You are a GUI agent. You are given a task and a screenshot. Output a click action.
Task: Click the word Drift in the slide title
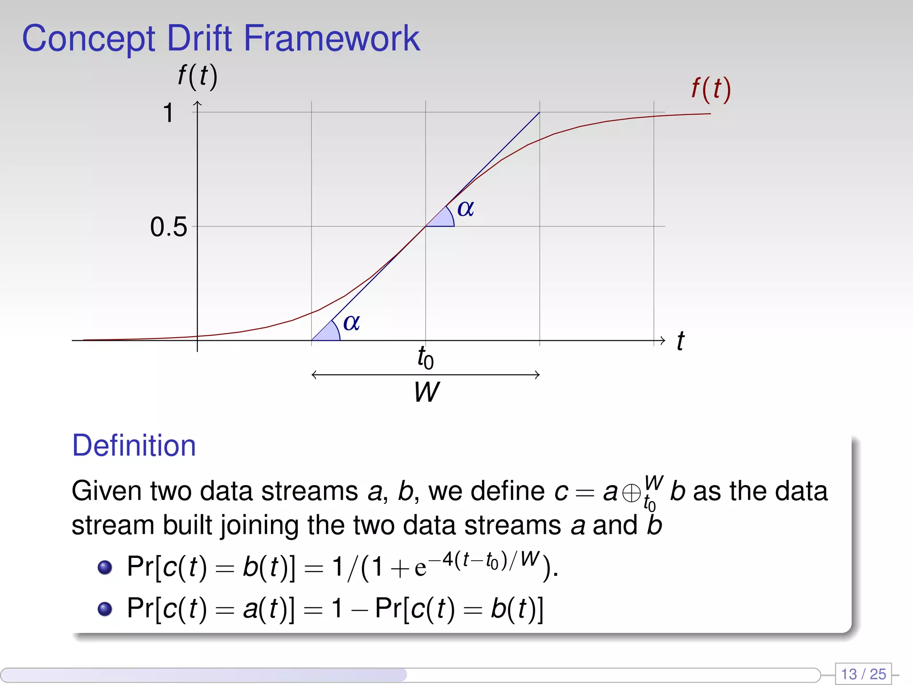(x=200, y=38)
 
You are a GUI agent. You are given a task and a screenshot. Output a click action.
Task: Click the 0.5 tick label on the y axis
(x=168, y=227)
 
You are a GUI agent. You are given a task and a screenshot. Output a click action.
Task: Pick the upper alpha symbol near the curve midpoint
(x=465, y=208)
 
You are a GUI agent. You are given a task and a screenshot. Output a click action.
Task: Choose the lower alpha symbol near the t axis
(x=351, y=322)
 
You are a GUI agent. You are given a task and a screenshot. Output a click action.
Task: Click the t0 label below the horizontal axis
(x=425, y=358)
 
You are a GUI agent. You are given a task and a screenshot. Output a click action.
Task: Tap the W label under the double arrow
(x=426, y=392)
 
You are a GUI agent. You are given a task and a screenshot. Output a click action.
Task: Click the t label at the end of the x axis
(x=680, y=341)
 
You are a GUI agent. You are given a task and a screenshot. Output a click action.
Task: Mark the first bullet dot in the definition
(x=105, y=567)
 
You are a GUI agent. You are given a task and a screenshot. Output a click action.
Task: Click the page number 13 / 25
(x=863, y=673)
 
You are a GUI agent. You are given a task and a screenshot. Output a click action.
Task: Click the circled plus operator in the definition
(x=631, y=493)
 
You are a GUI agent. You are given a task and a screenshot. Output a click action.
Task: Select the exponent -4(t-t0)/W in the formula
(x=489, y=560)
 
